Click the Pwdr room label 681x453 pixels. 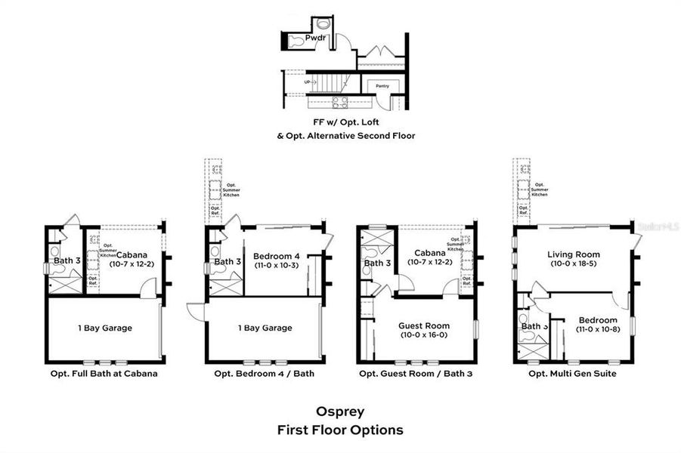[314, 38]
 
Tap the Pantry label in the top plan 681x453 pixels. [382, 87]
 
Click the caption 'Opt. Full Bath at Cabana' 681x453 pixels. [101, 373]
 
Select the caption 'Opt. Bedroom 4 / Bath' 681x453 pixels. [265, 373]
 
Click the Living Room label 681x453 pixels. [574, 254]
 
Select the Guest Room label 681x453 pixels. [424, 326]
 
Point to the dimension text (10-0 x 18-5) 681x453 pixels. [574, 264]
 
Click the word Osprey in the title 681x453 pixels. [339, 413]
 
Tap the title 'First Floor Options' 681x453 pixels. [339, 430]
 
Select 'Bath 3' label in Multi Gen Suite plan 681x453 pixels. [534, 326]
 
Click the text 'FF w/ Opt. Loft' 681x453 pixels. [339, 121]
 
